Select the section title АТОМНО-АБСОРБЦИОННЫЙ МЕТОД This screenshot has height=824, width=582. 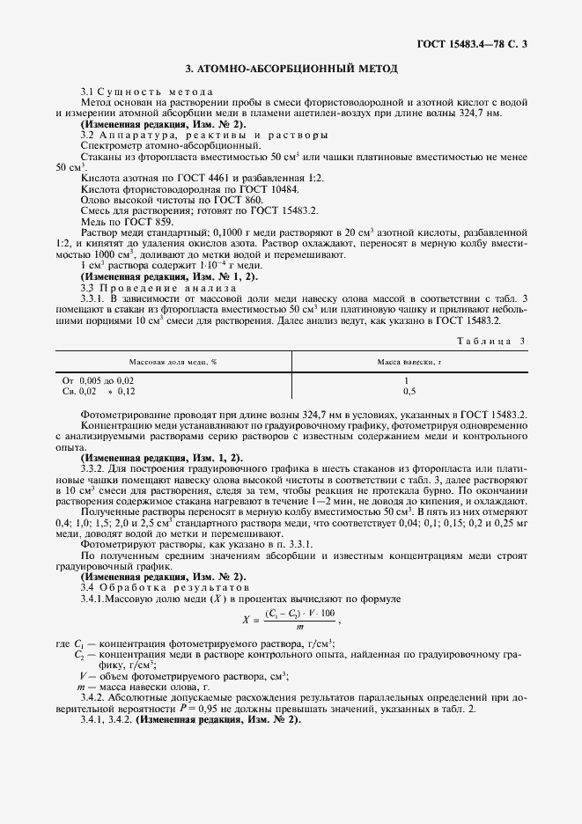point(291,68)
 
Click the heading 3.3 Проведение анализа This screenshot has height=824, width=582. point(158,287)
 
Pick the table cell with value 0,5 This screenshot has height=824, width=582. point(409,390)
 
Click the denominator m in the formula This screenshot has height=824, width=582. point(299,626)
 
